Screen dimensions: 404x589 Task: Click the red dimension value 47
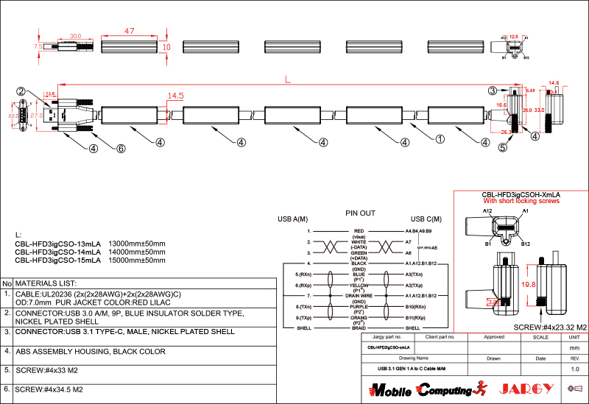[x=129, y=32]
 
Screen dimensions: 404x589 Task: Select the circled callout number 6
[x=121, y=148]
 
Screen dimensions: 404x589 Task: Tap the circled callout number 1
[x=440, y=138]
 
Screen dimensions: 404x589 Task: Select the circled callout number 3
[x=493, y=90]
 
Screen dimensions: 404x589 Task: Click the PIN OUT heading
[x=361, y=213]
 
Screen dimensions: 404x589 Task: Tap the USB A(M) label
[x=292, y=219]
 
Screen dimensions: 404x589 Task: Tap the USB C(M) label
[x=426, y=219]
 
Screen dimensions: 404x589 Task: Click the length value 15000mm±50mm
[x=137, y=261]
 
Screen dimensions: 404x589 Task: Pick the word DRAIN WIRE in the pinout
[x=359, y=295]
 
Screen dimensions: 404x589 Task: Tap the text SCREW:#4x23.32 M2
[x=549, y=327]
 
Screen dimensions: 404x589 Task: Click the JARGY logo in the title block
[x=526, y=388]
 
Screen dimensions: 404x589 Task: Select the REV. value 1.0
[x=575, y=369]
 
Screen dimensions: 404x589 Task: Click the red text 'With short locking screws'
[x=521, y=201]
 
